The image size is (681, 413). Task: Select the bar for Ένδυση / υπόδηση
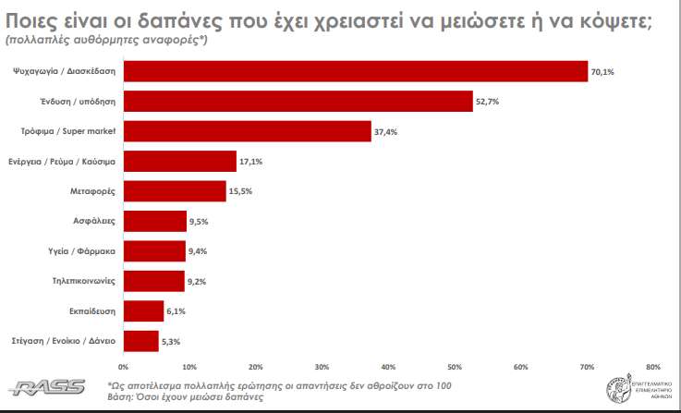coord(298,102)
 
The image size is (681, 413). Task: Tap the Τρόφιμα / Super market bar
coord(247,131)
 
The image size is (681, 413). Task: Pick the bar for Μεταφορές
coord(175,191)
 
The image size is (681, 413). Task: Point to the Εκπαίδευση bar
coord(143,311)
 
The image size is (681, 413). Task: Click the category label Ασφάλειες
coord(94,222)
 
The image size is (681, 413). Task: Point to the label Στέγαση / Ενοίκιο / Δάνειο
coord(63,342)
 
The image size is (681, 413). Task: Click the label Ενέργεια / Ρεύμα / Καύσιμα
coord(62,162)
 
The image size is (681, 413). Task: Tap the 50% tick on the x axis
coord(455,367)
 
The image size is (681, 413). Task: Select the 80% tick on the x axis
coord(653,367)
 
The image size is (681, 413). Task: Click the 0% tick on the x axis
coord(123,367)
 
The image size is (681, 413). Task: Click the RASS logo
coord(47,386)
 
